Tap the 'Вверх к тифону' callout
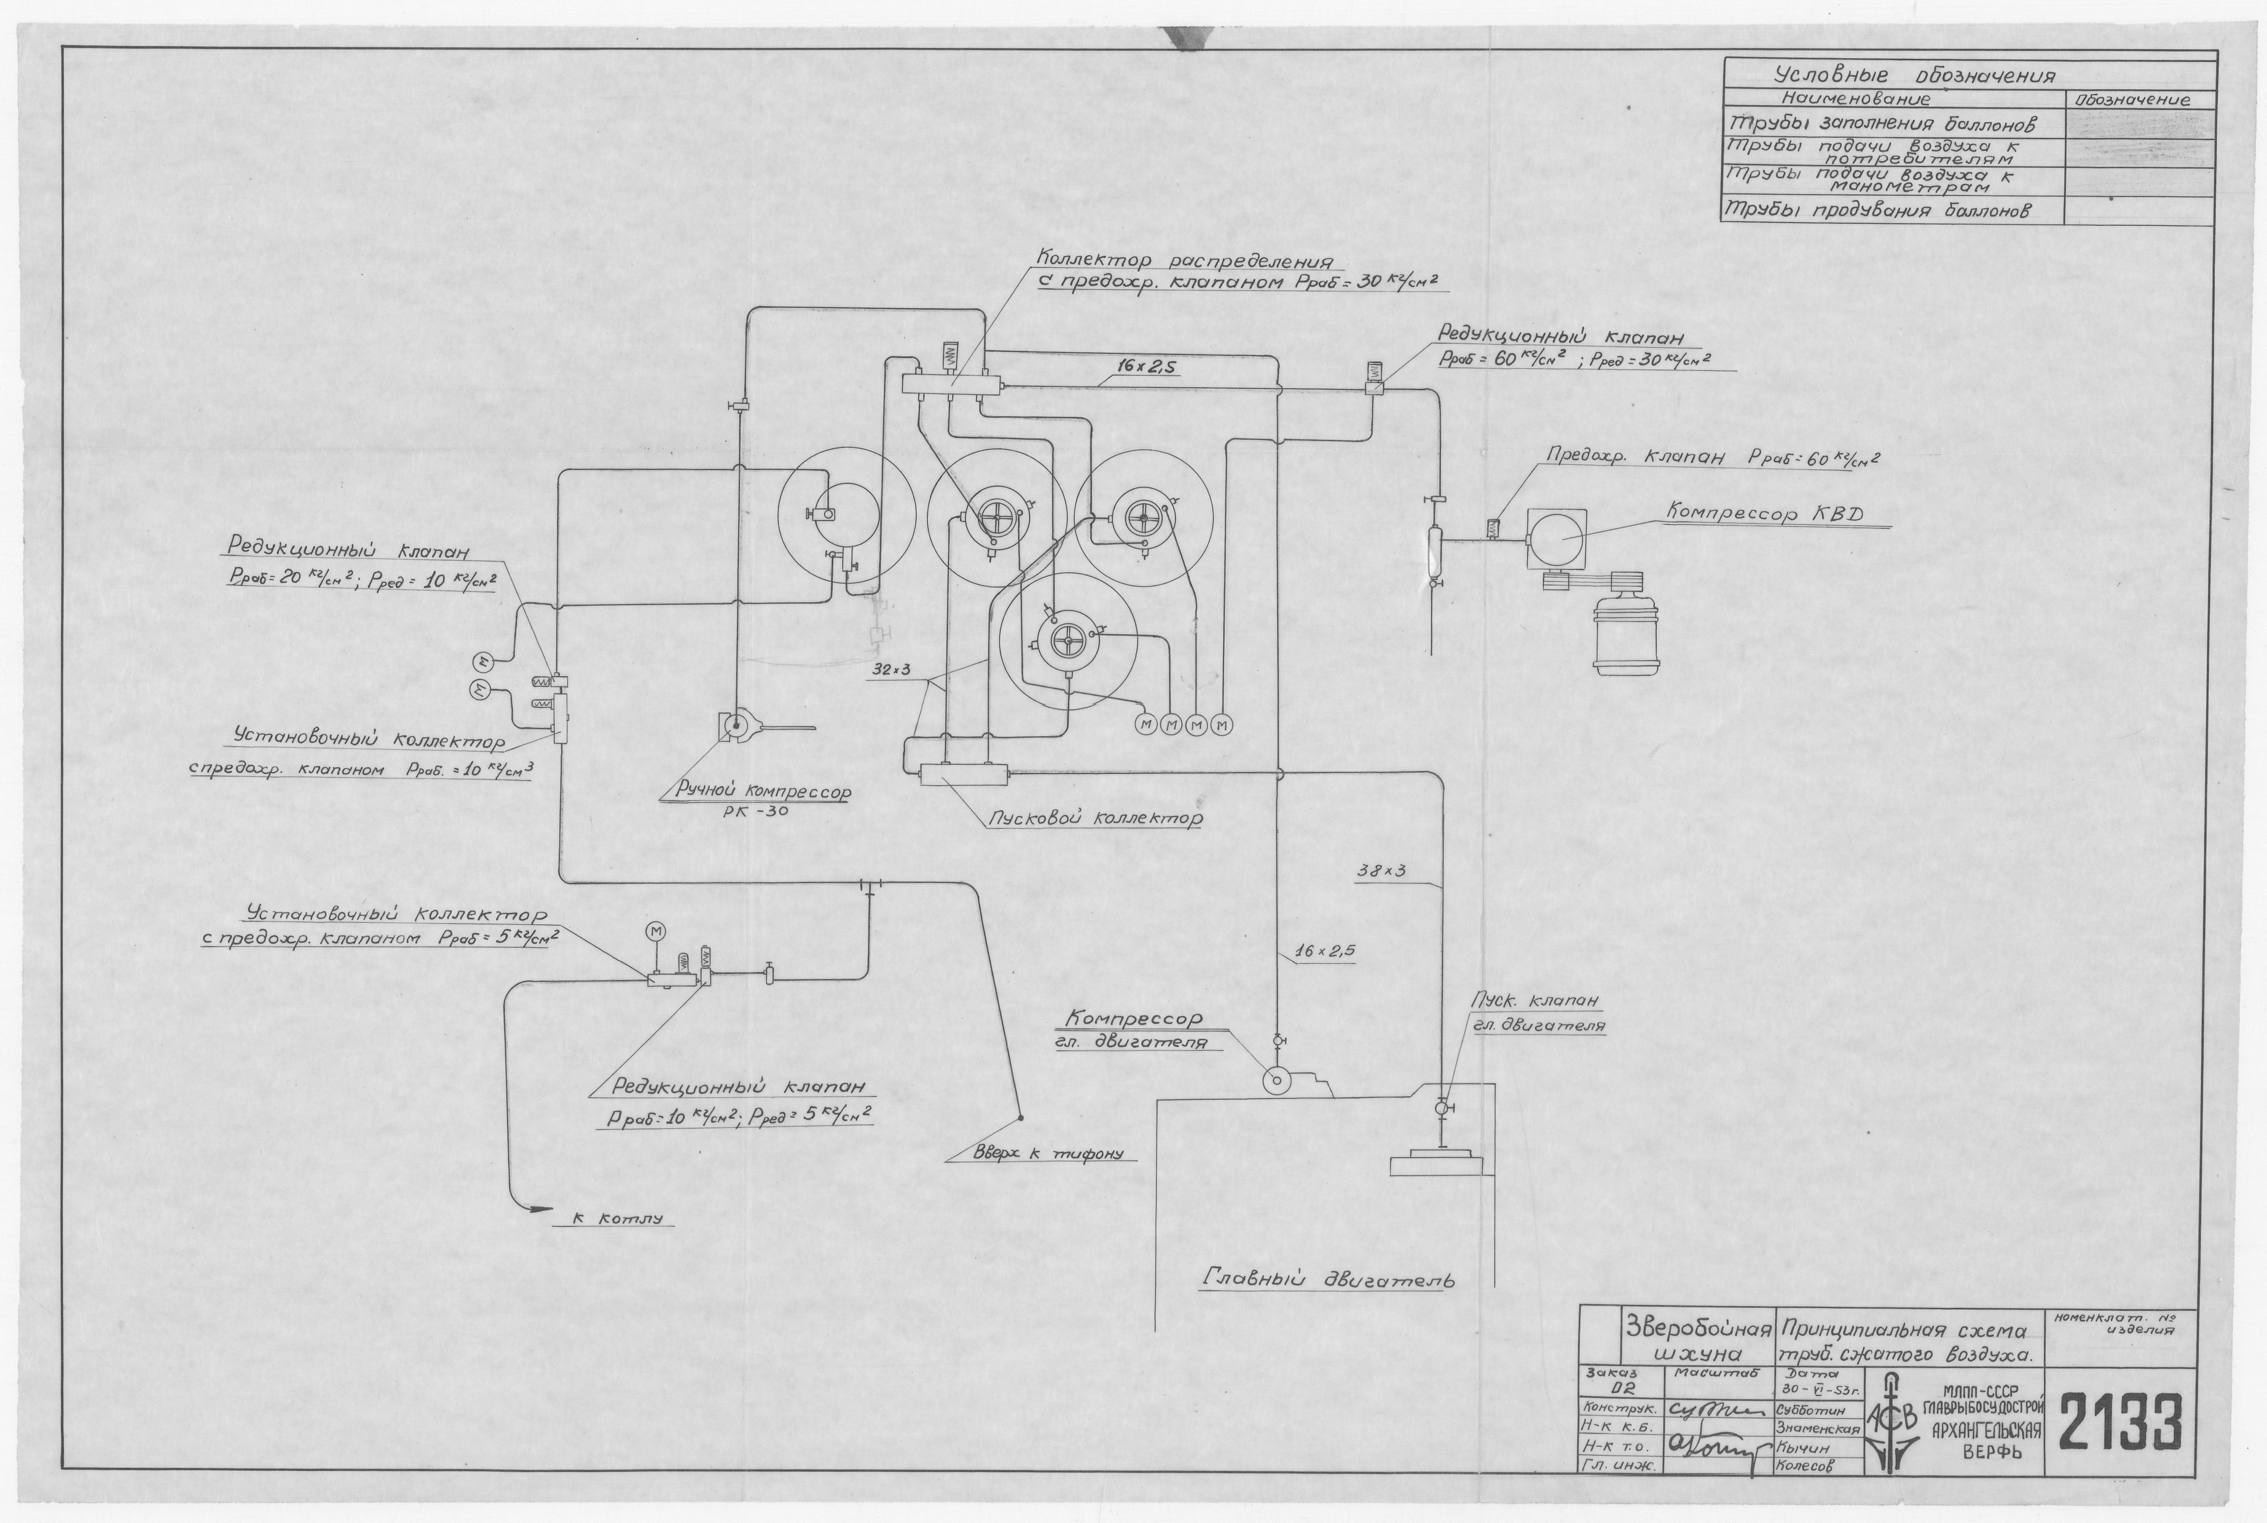pos(1048,1154)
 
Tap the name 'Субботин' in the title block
pos(1805,1408)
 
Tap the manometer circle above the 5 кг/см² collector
pos(656,931)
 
